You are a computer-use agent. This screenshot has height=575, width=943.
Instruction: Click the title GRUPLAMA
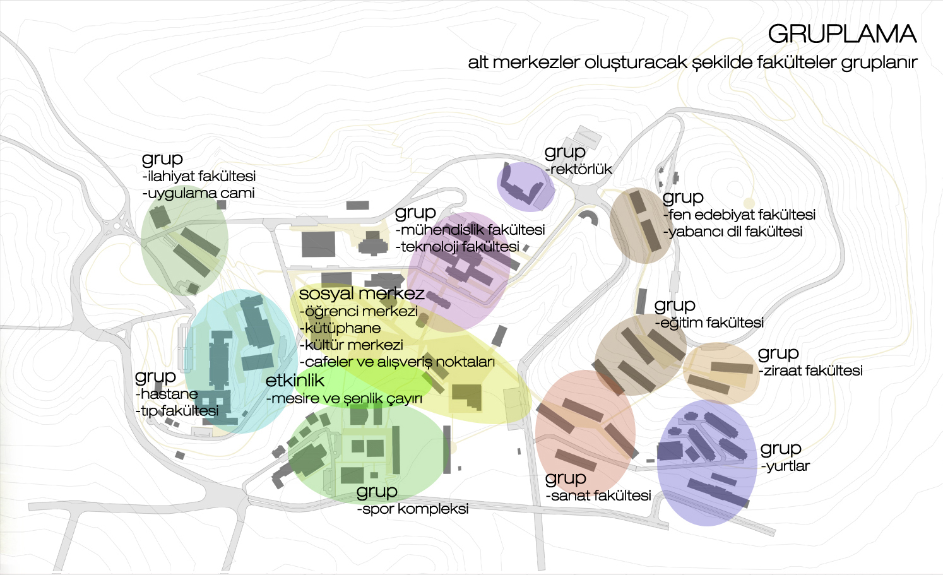point(842,33)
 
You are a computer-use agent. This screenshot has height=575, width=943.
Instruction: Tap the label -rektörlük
point(578,169)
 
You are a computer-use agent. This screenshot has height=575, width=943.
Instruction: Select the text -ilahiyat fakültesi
point(199,176)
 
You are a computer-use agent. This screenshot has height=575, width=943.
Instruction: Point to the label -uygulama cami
point(199,193)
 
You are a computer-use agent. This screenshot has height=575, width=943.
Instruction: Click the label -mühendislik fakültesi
point(470,230)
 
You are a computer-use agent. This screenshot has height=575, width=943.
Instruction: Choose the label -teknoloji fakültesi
point(458,247)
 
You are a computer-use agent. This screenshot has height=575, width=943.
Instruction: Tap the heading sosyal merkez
point(362,293)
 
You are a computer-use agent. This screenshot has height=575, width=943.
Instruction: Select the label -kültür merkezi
point(352,345)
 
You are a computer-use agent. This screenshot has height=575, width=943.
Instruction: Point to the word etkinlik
point(295,381)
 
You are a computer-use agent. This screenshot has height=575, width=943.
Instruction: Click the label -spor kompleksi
point(413,509)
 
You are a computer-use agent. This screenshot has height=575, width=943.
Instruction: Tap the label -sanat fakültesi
point(598,495)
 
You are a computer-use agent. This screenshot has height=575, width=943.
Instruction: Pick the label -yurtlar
point(786,466)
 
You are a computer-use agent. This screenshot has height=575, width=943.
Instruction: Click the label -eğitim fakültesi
point(709,323)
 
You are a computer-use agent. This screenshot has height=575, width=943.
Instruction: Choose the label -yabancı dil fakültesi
point(733,232)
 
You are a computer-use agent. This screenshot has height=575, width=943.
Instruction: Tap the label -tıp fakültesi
point(177,411)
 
